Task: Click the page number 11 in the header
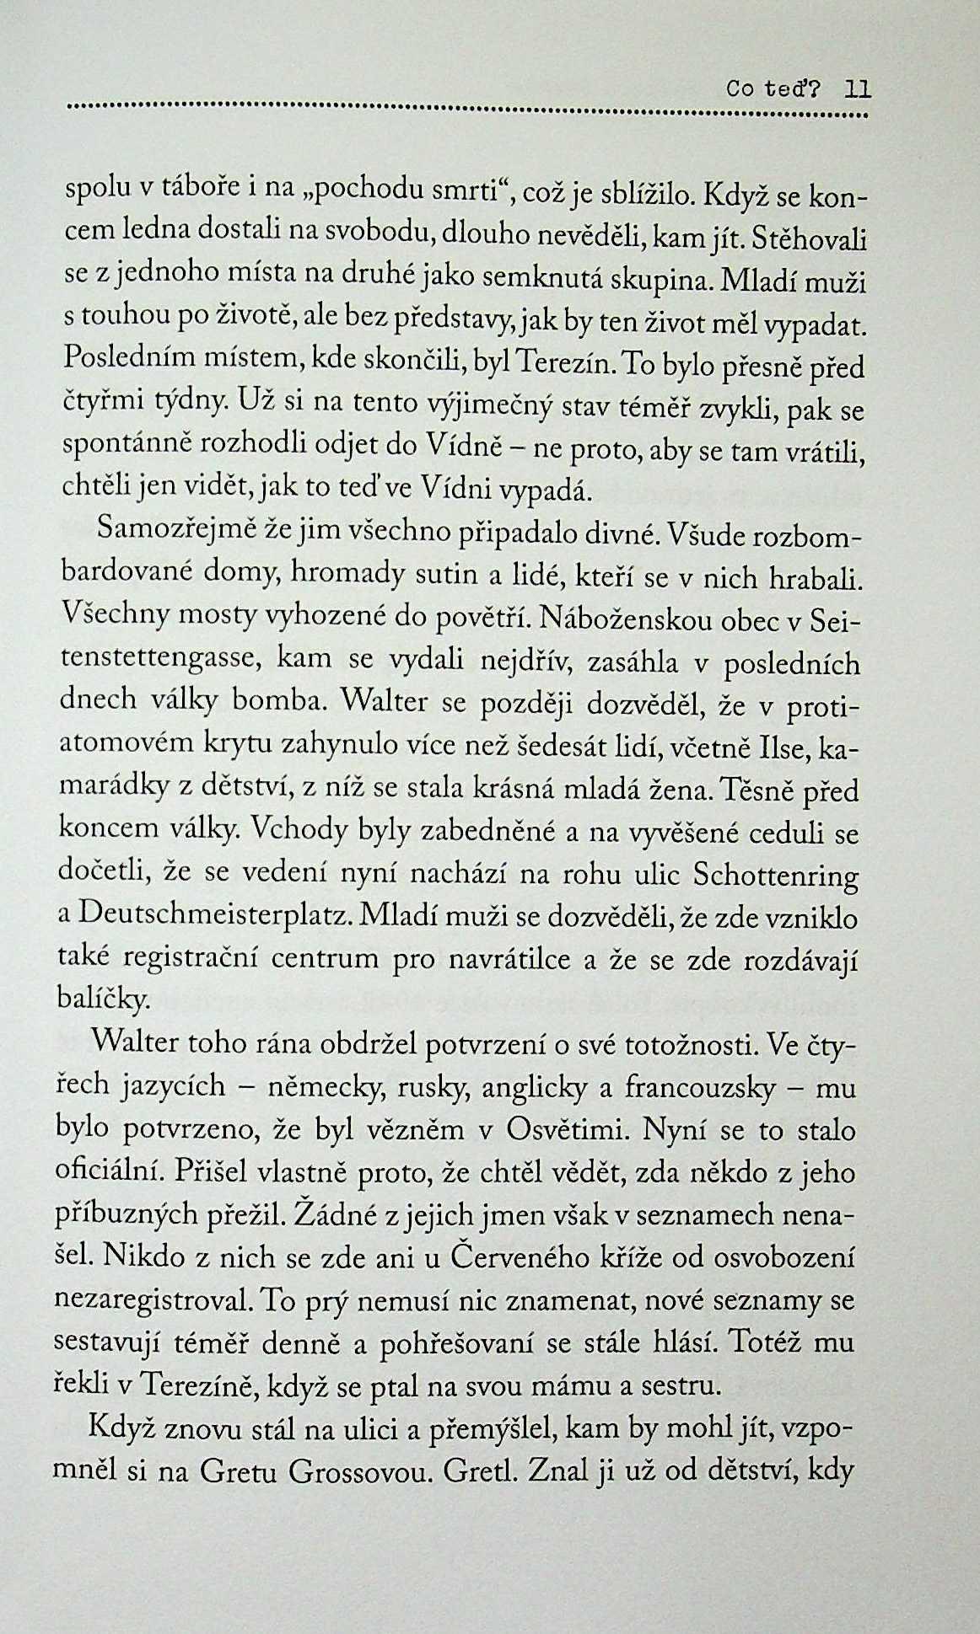[x=858, y=89]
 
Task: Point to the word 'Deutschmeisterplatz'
[x=214, y=917]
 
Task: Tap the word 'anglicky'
[x=534, y=1089]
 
